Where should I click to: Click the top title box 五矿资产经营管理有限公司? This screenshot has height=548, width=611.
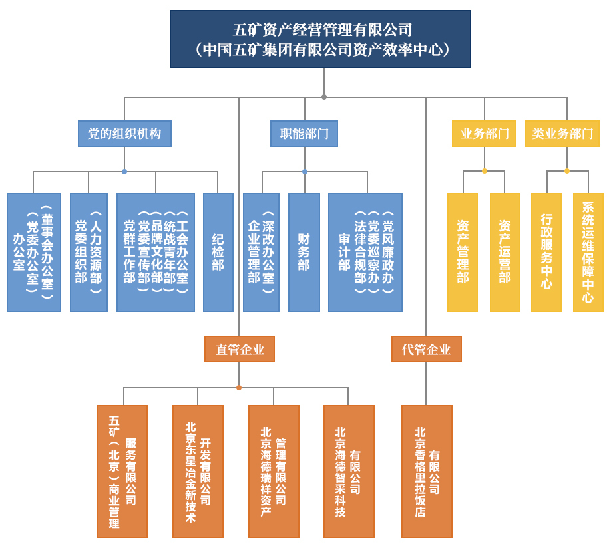[x=320, y=39]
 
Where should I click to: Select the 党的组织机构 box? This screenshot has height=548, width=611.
[x=124, y=134]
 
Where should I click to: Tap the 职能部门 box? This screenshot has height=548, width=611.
[x=304, y=134]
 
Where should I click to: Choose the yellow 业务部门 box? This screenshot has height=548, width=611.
[x=484, y=134]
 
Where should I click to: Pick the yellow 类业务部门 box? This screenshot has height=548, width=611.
[x=562, y=134]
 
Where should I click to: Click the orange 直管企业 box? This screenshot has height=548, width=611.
[x=239, y=349]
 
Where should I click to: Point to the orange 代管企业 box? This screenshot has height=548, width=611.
[x=426, y=349]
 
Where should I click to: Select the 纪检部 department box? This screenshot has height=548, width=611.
[x=218, y=252]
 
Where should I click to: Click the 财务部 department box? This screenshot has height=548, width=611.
[x=304, y=252]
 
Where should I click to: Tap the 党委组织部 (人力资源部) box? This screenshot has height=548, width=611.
[x=89, y=252]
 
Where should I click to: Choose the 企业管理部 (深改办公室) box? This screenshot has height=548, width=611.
[x=261, y=252]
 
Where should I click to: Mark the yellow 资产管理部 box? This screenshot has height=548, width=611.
[x=463, y=252]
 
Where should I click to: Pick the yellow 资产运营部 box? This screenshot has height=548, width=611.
[x=505, y=252]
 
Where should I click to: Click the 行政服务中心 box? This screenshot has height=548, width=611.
[x=546, y=252]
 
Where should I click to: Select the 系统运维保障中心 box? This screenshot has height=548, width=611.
[x=588, y=252]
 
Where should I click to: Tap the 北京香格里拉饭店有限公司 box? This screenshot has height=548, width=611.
[x=427, y=471]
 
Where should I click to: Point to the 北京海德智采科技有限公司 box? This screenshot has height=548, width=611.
[x=349, y=471]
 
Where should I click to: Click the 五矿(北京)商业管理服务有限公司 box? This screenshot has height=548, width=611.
[x=122, y=471]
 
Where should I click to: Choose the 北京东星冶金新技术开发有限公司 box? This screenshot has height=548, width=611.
[x=198, y=471]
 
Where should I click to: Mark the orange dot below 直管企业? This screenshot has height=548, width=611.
[x=239, y=388]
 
